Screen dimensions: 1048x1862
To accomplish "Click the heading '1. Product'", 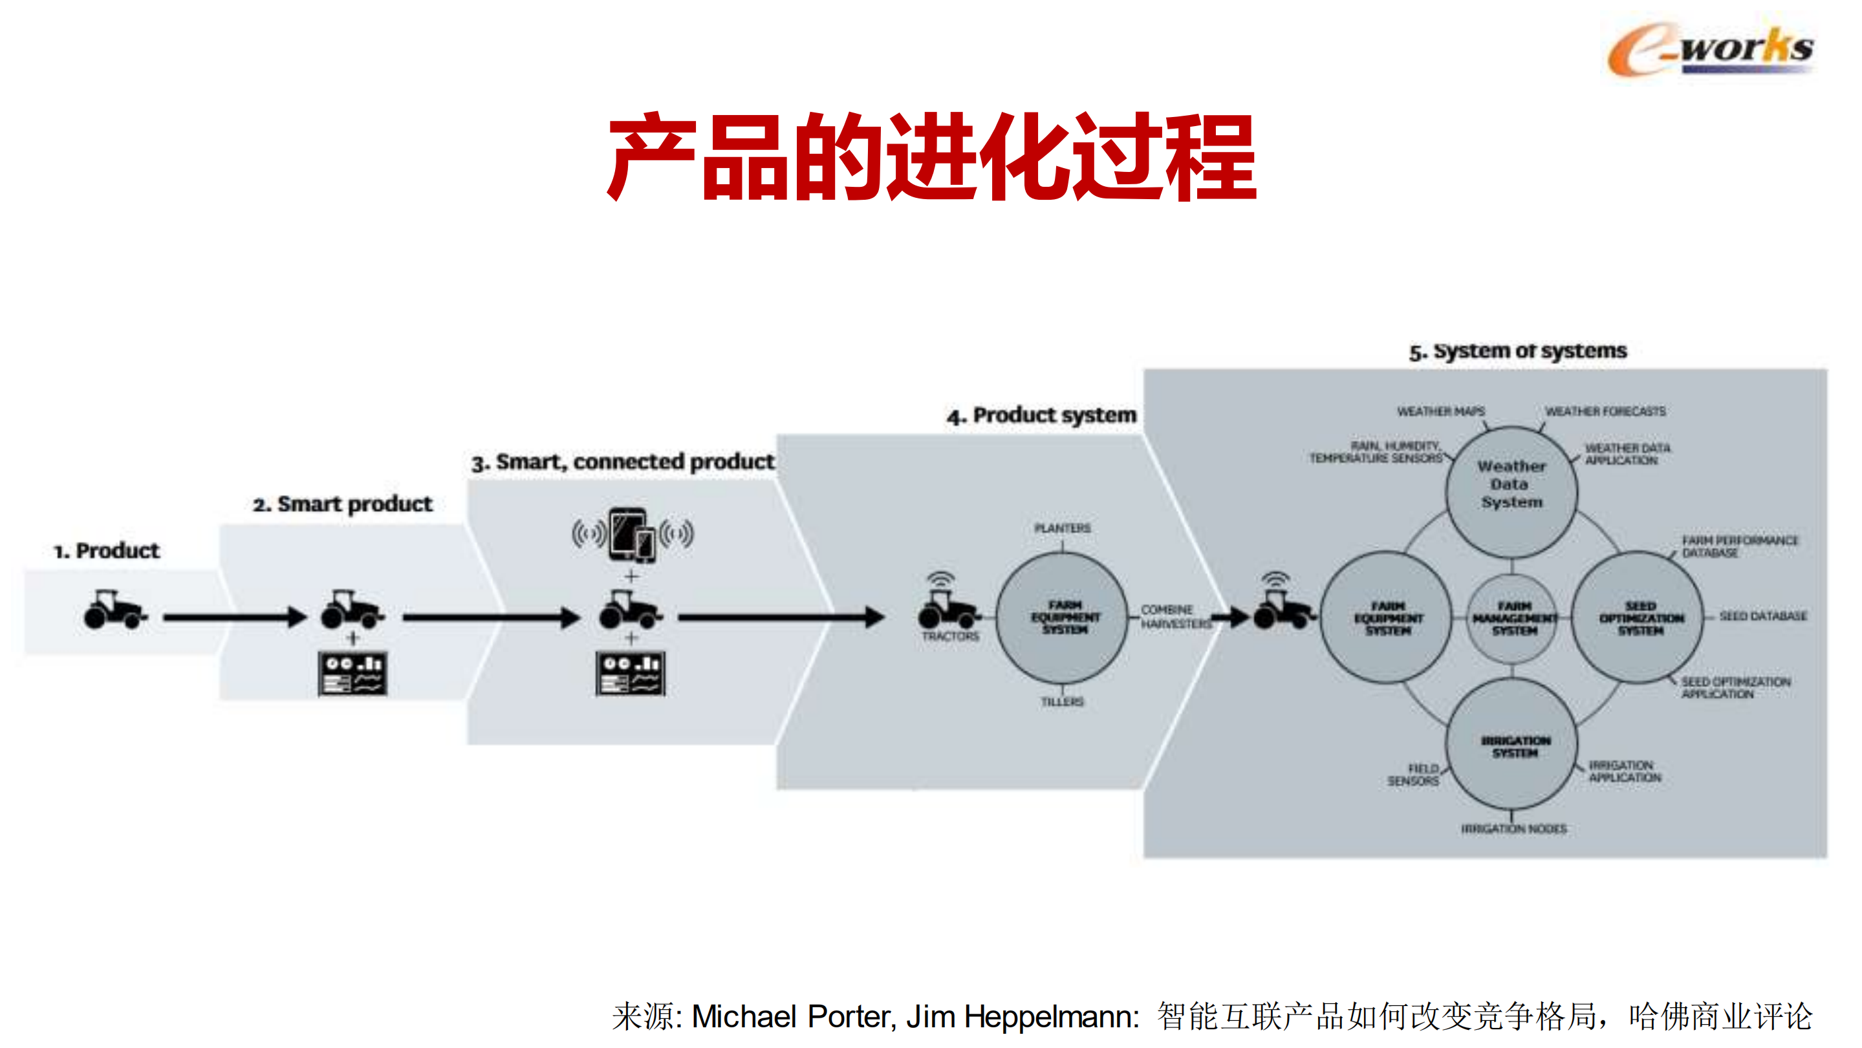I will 106,551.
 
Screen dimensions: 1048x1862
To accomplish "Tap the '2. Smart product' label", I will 343,504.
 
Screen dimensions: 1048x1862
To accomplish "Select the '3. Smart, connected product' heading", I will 622,462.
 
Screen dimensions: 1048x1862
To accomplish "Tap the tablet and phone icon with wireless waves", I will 633,535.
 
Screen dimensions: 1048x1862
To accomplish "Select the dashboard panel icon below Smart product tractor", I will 352,674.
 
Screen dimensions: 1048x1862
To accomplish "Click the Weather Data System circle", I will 1511,491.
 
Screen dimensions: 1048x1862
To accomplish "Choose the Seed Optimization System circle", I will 1640,618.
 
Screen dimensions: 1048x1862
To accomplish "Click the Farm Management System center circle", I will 1513,618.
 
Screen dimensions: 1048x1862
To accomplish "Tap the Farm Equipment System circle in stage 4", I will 1063,617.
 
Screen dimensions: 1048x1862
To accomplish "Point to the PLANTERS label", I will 1062,528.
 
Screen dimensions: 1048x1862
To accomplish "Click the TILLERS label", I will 1062,702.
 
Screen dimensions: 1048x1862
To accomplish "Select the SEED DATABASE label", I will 1762,615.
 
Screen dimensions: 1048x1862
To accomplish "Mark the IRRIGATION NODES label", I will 1513,828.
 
